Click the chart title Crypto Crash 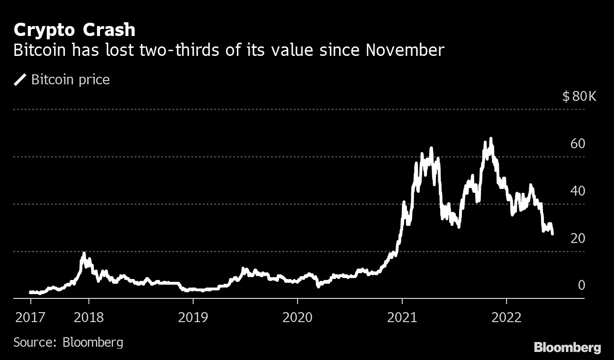pyautogui.click(x=74, y=30)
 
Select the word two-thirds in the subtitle pyautogui.click(x=175, y=50)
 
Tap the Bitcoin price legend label pyautogui.click(x=70, y=80)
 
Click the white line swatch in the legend pyautogui.click(x=20, y=80)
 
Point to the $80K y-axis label pyautogui.click(x=579, y=97)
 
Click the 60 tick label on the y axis pyautogui.click(x=578, y=144)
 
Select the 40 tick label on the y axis pyautogui.click(x=578, y=191)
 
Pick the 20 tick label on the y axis pyautogui.click(x=578, y=238)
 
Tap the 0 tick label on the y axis pyautogui.click(x=581, y=285)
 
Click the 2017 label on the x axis pyautogui.click(x=31, y=317)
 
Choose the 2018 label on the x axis pyautogui.click(x=89, y=317)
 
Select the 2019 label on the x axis pyautogui.click(x=193, y=317)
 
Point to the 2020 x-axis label pyautogui.click(x=298, y=317)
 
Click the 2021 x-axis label pyautogui.click(x=402, y=317)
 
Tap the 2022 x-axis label pyautogui.click(x=506, y=317)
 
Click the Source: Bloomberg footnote pyautogui.click(x=68, y=342)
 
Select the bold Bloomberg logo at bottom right pyautogui.click(x=567, y=347)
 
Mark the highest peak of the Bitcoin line pyautogui.click(x=491, y=139)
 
